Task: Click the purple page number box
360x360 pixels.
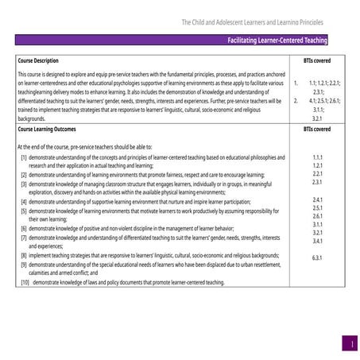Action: pos(348,343)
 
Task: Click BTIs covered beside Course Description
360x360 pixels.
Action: pos(317,60)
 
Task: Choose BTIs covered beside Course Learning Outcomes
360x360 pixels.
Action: pos(317,130)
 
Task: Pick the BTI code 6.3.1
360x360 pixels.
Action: pos(317,257)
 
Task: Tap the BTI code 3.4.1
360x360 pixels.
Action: pos(317,241)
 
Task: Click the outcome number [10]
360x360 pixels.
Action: pos(25,282)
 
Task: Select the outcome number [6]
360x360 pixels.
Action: pos(24,228)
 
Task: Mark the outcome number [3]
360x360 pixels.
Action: pos(24,184)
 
